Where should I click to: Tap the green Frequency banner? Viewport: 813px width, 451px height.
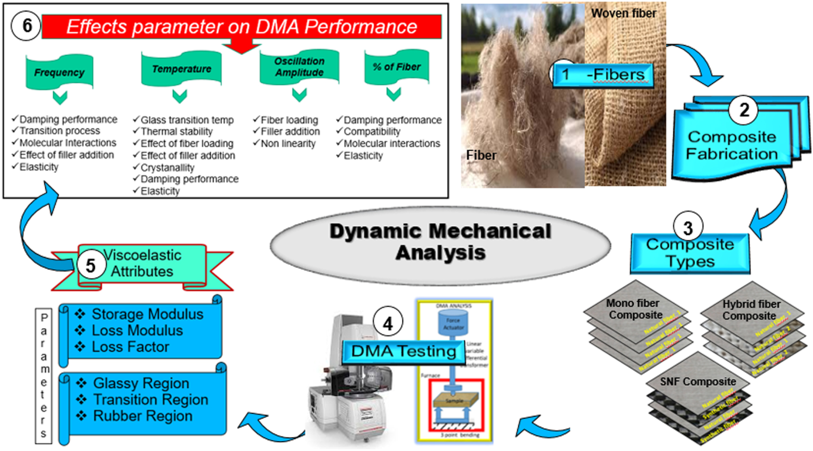click(x=60, y=72)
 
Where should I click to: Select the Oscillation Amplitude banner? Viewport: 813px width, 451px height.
click(x=299, y=67)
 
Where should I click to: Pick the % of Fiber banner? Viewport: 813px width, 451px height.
click(x=396, y=67)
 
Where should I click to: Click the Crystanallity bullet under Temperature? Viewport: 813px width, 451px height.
click(x=167, y=168)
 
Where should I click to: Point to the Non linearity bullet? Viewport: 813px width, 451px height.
click(x=287, y=144)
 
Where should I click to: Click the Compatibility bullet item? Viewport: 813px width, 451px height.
click(x=372, y=132)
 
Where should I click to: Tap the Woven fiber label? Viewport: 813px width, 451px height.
click(x=623, y=14)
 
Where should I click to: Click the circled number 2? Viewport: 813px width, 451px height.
click(x=744, y=110)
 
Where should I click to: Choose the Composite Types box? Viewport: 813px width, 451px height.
click(x=690, y=254)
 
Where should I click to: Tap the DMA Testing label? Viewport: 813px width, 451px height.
click(x=403, y=351)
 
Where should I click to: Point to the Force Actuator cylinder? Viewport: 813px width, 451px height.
click(x=453, y=324)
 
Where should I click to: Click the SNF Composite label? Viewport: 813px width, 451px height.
click(x=698, y=382)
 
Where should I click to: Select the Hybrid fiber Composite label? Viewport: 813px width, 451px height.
click(x=751, y=310)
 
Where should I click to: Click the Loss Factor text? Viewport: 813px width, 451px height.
click(x=130, y=347)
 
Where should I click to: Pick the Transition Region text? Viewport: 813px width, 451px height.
click(x=150, y=400)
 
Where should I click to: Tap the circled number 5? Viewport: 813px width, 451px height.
click(x=90, y=266)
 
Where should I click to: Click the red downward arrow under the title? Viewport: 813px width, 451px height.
click(x=242, y=46)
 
